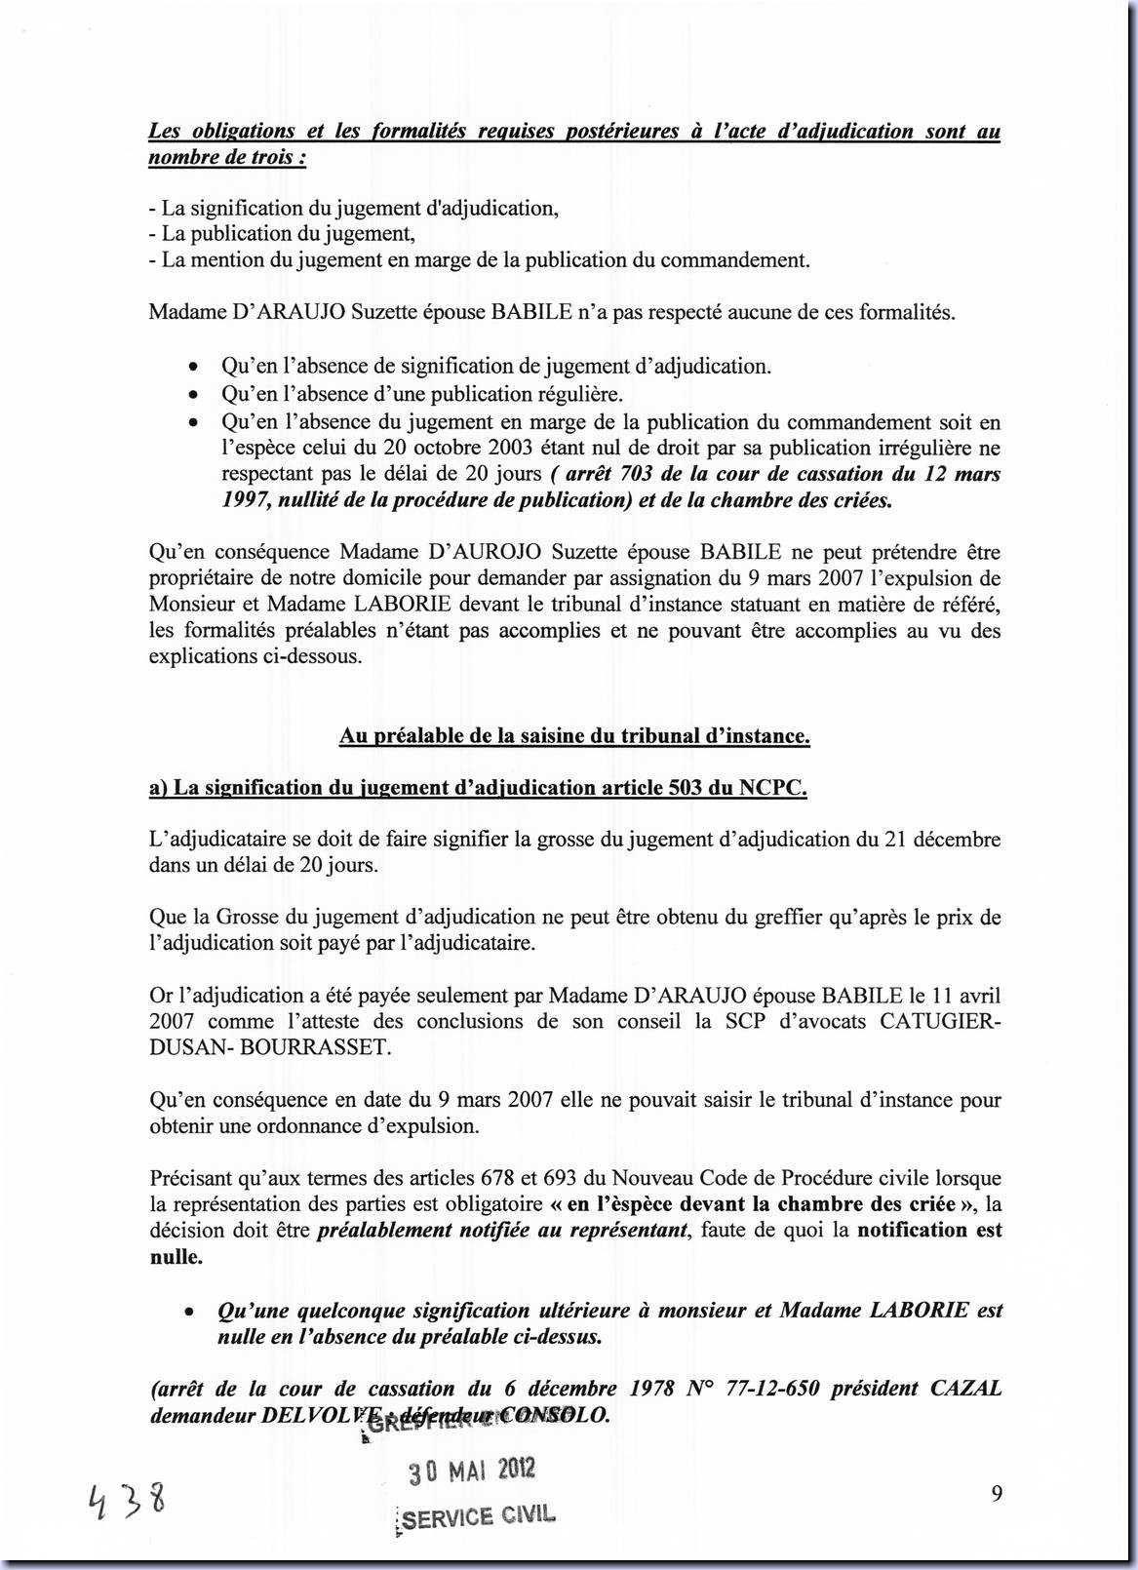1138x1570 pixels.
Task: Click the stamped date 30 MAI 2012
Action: click(x=472, y=1472)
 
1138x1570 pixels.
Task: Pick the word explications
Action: click(x=202, y=656)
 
